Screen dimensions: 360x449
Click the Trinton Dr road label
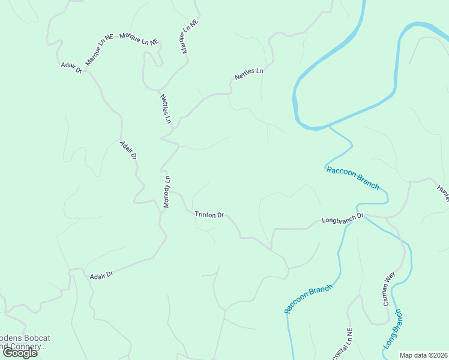pos(209,214)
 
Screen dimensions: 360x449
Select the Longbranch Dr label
pos(343,218)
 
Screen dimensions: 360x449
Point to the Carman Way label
pos(389,289)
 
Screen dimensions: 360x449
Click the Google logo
pos(20,353)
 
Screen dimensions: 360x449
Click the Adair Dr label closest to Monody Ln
pos(128,150)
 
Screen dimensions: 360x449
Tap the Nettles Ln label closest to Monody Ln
pos(166,109)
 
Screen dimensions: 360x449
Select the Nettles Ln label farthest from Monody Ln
pos(249,74)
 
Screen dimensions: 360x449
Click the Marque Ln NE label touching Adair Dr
pos(99,50)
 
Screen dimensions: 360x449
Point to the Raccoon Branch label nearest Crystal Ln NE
pos(308,299)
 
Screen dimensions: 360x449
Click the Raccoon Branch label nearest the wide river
pos(353,178)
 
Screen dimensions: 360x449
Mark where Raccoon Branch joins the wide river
pos(328,127)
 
